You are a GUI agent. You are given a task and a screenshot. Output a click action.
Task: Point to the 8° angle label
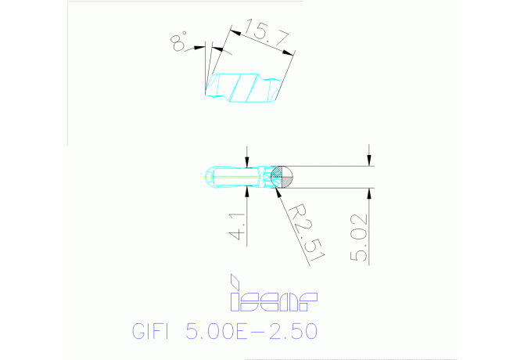[x=179, y=41]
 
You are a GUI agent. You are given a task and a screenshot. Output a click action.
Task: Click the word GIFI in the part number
[x=148, y=332]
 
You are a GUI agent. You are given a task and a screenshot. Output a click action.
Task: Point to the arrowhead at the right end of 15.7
[x=290, y=53]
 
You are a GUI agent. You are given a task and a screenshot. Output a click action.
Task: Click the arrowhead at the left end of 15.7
[x=235, y=32]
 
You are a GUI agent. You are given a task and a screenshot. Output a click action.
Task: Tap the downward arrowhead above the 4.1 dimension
[x=249, y=161]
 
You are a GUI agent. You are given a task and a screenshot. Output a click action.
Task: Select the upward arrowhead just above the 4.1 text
[x=249, y=192]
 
